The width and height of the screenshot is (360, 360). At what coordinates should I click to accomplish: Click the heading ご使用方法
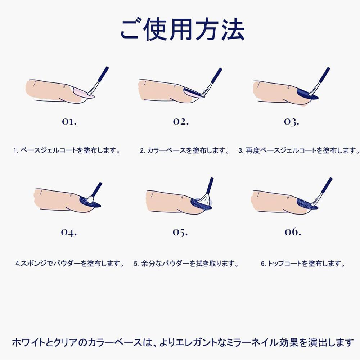click(183, 30)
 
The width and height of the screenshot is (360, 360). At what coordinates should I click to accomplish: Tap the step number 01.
click(69, 121)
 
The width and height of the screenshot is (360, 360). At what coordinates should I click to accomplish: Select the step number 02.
click(181, 121)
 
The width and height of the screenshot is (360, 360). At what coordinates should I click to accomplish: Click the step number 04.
click(69, 232)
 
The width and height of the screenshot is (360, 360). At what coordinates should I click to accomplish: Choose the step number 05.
click(180, 232)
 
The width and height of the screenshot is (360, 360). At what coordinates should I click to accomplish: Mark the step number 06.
click(293, 231)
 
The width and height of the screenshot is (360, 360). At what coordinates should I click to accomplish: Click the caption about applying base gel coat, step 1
click(67, 150)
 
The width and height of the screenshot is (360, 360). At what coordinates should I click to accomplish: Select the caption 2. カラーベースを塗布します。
click(185, 150)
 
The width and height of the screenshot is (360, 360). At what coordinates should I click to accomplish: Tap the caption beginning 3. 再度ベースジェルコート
click(299, 150)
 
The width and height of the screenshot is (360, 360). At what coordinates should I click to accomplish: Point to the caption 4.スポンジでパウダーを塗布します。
click(70, 263)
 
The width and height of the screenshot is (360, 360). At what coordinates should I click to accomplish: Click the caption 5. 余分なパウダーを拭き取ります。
click(186, 263)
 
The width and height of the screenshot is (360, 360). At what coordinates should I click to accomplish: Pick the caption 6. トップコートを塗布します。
click(303, 263)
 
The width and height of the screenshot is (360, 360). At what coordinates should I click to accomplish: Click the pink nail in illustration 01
click(81, 93)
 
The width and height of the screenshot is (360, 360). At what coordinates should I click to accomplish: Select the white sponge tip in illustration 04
click(91, 199)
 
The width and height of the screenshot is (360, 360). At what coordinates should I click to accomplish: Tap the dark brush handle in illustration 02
click(216, 75)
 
